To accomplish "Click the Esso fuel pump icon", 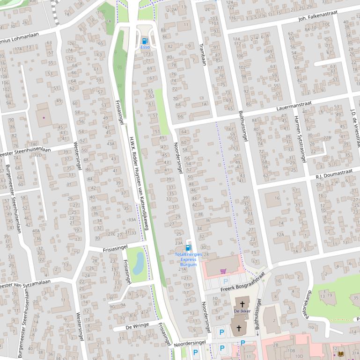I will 144,41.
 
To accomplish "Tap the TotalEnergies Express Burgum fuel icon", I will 188,248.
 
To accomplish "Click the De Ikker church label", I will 242,310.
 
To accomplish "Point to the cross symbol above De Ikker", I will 242,303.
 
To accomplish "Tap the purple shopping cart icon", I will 223,271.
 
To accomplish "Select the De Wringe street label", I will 138,325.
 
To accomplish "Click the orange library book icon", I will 347,354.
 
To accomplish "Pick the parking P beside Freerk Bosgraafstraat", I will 226,281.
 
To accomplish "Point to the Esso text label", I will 144,48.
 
